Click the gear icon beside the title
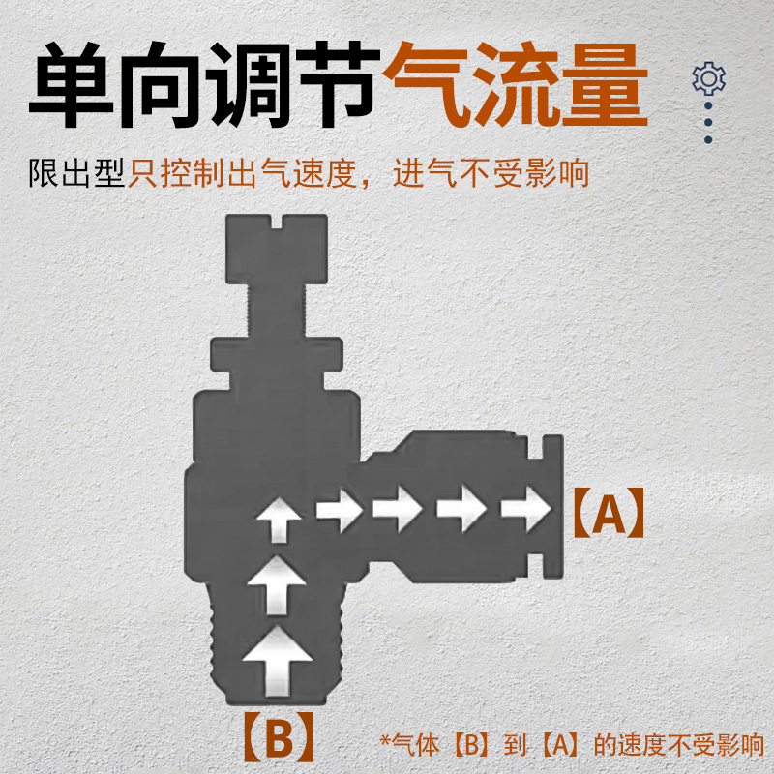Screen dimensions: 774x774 tap(709, 77)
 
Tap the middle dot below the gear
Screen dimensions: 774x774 tap(709, 123)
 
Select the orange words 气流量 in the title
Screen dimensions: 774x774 tap(515, 85)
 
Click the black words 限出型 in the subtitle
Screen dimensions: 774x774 tap(77, 174)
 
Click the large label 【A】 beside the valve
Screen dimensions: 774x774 tap(606, 516)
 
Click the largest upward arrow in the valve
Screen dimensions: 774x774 tap(278, 660)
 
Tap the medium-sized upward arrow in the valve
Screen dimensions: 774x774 tap(278, 583)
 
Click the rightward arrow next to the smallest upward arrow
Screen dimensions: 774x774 tap(339, 508)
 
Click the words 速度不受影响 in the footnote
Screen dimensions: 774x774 tap(691, 745)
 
